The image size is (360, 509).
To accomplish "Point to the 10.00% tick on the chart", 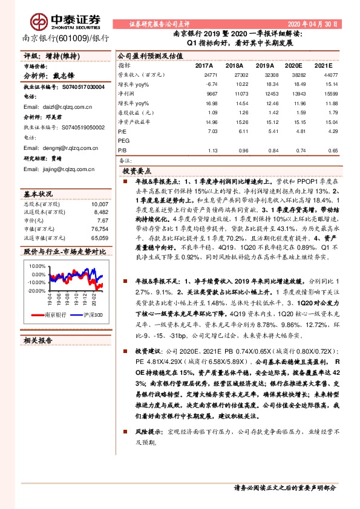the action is coord(36,266).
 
